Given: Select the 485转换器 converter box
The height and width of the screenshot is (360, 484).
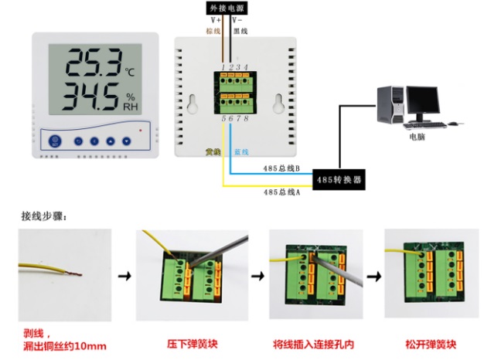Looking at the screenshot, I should pyautogui.click(x=337, y=180).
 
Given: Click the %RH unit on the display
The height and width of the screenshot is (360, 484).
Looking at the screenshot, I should pyautogui.click(x=131, y=102).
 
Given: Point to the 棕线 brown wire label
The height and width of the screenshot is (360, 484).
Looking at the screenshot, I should pyautogui.click(x=214, y=32).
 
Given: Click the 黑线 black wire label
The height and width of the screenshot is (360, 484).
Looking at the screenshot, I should pyautogui.click(x=240, y=32).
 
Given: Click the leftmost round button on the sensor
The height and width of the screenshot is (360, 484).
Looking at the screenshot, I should pyautogui.click(x=55, y=141).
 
